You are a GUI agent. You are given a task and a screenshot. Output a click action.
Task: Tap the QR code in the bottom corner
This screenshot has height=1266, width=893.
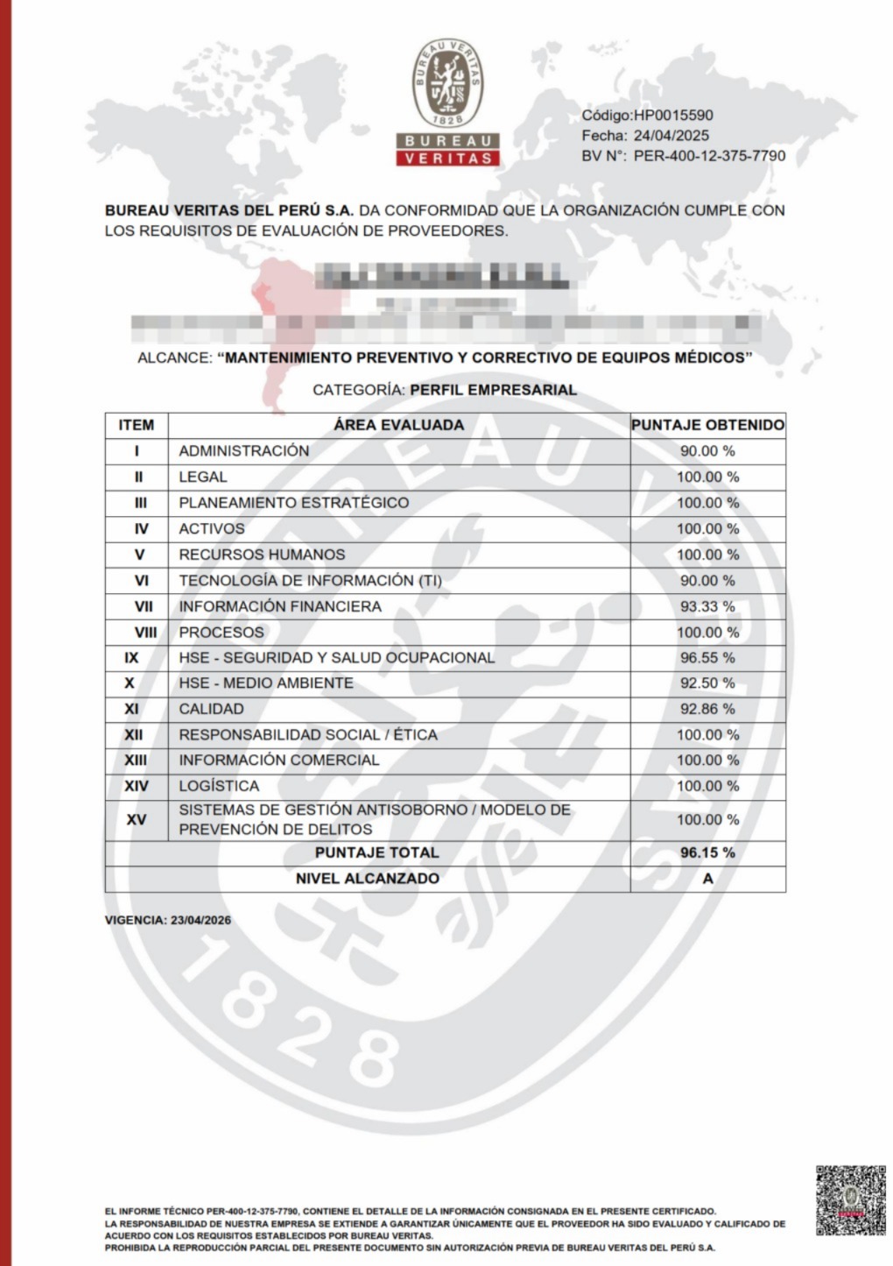coord(850,1199)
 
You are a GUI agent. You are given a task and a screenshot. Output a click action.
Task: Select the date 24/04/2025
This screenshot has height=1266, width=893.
coord(671,135)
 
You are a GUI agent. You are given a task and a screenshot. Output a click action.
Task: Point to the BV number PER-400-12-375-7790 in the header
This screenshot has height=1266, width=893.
coord(709,156)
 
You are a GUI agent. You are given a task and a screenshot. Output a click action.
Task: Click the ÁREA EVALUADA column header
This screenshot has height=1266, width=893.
coord(398,425)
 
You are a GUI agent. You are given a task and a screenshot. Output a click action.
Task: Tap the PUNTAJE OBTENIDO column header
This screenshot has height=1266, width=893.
coord(707,425)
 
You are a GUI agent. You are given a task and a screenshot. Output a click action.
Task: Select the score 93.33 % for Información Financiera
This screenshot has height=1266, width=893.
coord(707,606)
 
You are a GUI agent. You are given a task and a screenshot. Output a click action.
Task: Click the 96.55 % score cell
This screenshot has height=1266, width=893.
coord(707,658)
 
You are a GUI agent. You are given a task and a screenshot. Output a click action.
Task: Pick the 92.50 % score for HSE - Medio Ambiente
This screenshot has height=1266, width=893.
coord(707,683)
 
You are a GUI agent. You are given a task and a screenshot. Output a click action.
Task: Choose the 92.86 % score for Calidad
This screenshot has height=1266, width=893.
coord(707,709)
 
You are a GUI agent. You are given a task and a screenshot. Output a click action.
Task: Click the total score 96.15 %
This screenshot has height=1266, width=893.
coord(707,852)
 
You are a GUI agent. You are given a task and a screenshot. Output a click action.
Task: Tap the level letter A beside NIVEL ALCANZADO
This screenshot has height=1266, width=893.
coord(707,879)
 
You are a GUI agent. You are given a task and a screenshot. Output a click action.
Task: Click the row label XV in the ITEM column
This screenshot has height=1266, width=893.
coord(137,820)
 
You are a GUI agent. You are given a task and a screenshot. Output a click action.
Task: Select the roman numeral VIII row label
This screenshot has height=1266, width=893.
coord(145,633)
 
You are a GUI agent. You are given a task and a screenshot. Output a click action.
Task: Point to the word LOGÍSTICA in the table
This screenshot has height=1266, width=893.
coord(219,786)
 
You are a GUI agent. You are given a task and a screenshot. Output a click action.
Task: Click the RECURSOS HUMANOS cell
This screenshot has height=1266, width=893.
coord(262,555)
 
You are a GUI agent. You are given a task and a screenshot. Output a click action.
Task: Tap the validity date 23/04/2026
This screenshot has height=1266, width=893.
coord(200,920)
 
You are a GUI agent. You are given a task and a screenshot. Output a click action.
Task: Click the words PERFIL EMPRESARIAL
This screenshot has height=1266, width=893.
coord(493,390)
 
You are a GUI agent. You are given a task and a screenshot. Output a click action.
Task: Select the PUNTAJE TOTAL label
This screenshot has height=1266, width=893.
coord(376,852)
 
